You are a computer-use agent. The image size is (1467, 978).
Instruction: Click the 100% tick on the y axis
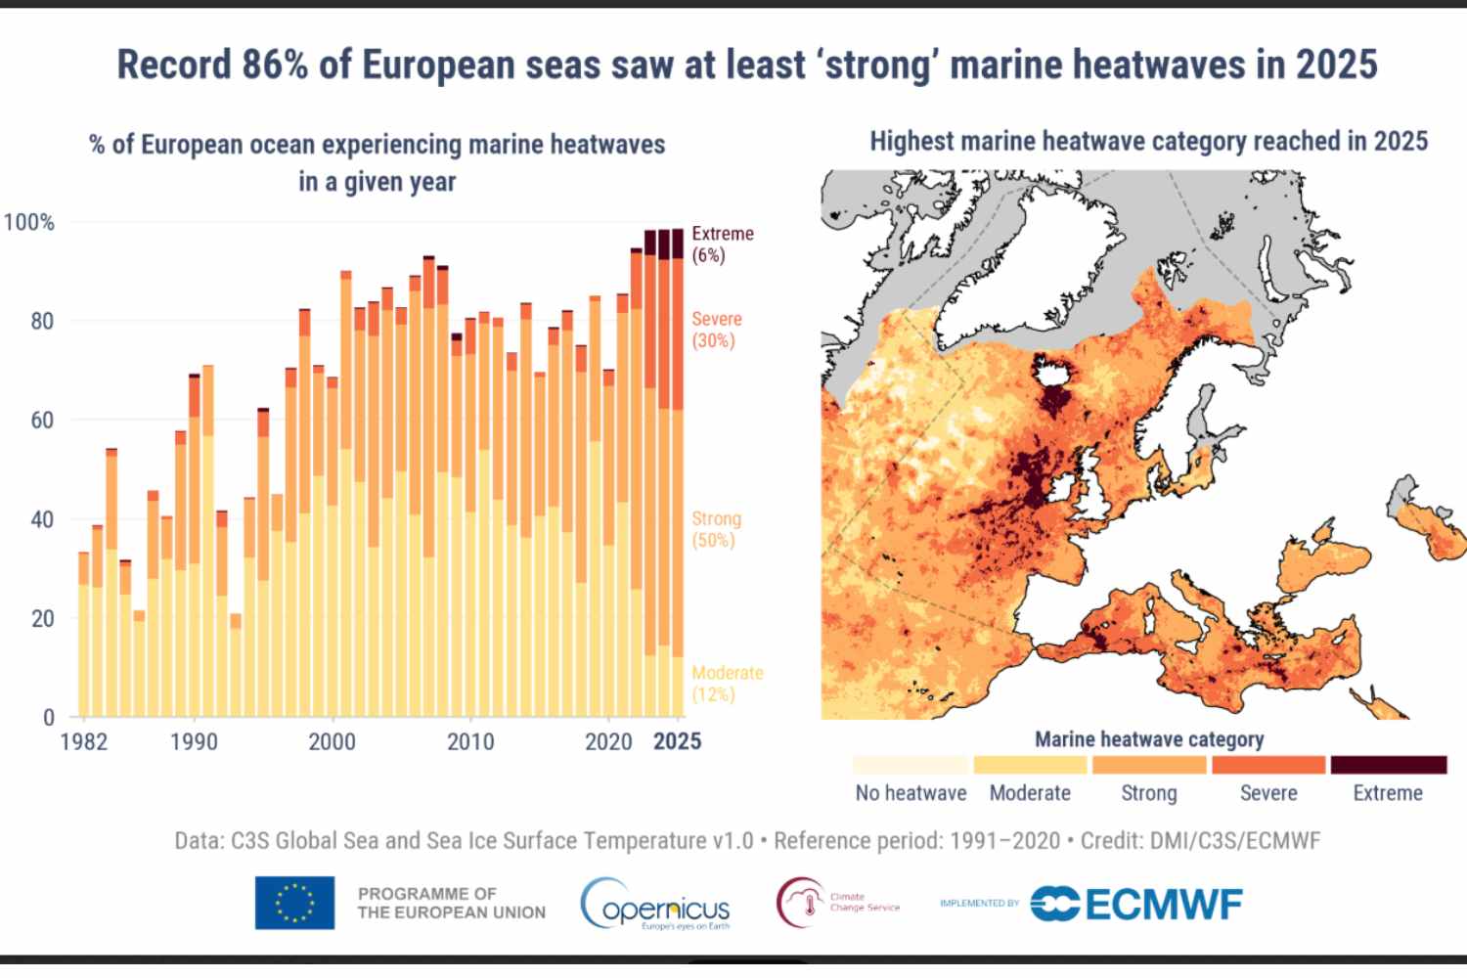pyautogui.click(x=29, y=222)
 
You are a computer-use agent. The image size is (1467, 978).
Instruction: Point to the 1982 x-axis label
pyautogui.click(x=84, y=741)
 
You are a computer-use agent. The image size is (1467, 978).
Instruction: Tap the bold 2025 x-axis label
pyautogui.click(x=677, y=741)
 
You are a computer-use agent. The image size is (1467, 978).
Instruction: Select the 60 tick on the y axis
pyautogui.click(x=42, y=420)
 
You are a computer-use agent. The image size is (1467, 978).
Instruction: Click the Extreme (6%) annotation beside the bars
pyautogui.click(x=723, y=244)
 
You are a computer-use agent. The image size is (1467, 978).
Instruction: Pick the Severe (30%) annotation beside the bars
pyautogui.click(x=717, y=330)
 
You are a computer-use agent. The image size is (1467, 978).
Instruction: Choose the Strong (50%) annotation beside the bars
pyautogui.click(x=716, y=529)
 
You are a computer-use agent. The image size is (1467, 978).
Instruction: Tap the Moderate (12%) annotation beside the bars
pyautogui.click(x=727, y=684)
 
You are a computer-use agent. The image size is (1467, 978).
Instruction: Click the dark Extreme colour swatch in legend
pyautogui.click(x=1388, y=765)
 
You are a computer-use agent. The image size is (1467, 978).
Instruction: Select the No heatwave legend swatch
pyautogui.click(x=911, y=765)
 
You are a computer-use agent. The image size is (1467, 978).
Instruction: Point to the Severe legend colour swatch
pyautogui.click(x=1268, y=765)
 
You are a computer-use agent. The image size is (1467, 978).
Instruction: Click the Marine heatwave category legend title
pyautogui.click(x=1149, y=739)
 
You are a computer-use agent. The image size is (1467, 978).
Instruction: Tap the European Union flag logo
pyautogui.click(x=294, y=902)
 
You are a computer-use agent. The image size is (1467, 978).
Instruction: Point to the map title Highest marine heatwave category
pyautogui.click(x=1148, y=141)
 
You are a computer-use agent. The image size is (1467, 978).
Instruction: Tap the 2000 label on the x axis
pyautogui.click(x=333, y=741)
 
